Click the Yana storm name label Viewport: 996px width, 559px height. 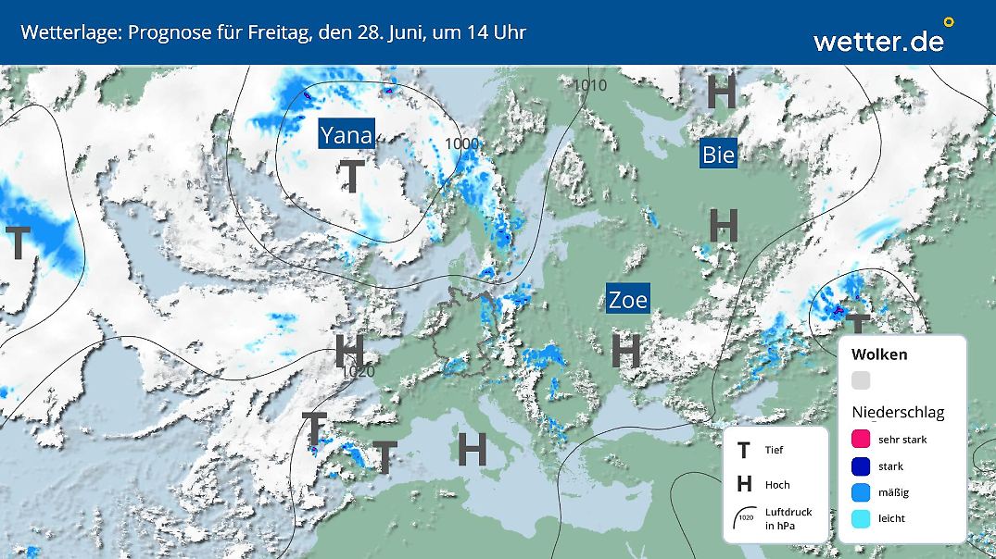[x=346, y=135]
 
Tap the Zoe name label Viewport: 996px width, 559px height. [x=627, y=299]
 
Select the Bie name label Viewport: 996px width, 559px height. [x=718, y=155]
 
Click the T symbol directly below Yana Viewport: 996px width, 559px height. [x=351, y=176]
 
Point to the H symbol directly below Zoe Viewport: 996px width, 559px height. [x=626, y=351]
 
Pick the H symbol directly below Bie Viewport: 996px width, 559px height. [x=724, y=226]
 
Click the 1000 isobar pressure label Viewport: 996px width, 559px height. [x=462, y=143]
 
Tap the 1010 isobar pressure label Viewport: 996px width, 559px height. [x=589, y=86]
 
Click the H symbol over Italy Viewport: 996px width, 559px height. [x=473, y=450]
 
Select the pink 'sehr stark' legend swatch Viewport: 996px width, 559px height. [x=861, y=440]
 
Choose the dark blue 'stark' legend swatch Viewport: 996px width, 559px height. [x=861, y=466]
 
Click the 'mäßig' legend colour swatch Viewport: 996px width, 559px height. [x=861, y=492]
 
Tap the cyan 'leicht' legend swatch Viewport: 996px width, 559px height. [x=861, y=518]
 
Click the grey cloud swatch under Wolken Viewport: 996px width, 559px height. [x=861, y=380]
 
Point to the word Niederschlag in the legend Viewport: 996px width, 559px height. [x=898, y=413]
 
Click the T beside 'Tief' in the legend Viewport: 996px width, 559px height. [x=743, y=451]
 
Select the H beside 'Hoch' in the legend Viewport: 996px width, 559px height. [x=743, y=485]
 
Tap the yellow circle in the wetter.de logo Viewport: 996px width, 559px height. [x=948, y=21]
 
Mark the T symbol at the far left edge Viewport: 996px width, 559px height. [x=18, y=242]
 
